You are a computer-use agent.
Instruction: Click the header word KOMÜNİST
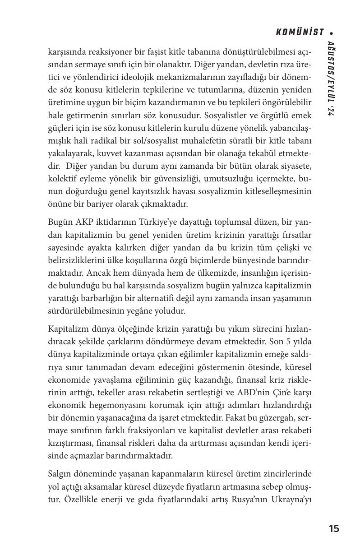(x=300, y=32)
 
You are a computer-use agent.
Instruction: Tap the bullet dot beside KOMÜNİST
(x=332, y=33)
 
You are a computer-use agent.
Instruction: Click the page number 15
(x=334, y=529)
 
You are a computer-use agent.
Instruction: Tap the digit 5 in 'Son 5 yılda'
(x=288, y=342)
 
